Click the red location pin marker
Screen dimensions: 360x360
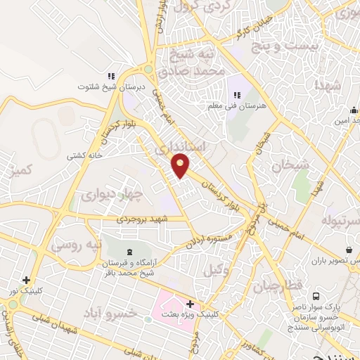point(181,166)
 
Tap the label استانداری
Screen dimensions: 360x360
point(202,147)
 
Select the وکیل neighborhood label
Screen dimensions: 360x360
point(217,270)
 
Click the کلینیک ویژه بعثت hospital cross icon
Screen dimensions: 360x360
point(190,304)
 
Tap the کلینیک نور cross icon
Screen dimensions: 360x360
point(26,280)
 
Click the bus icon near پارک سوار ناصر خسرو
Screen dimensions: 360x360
point(315,297)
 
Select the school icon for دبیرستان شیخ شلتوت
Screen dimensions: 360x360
point(111,77)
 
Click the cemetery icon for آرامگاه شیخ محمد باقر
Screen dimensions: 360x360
point(128,252)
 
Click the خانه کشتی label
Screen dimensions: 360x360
point(85,155)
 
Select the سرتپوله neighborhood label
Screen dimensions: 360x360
point(341,221)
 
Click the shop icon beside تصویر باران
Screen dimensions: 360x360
point(349,250)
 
